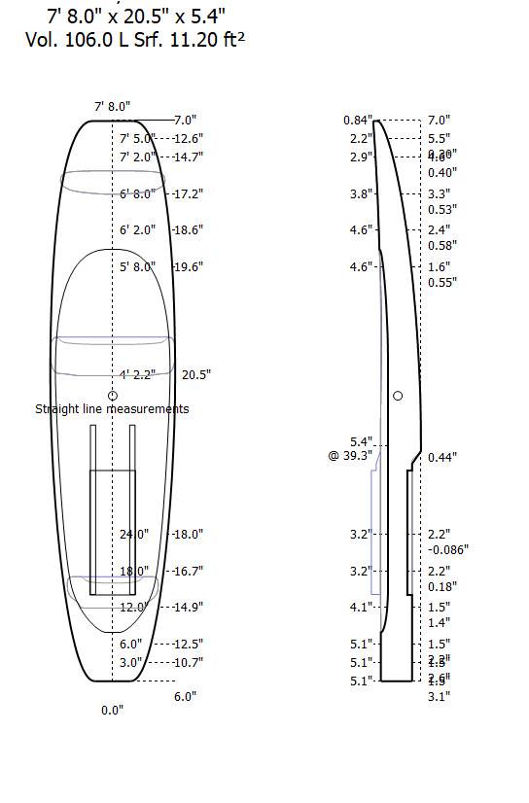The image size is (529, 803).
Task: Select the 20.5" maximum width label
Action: point(196,374)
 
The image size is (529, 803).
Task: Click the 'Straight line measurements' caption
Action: point(112,409)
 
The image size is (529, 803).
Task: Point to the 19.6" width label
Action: point(188,266)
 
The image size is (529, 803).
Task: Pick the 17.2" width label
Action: point(188,193)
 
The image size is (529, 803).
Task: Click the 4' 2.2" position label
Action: point(138,374)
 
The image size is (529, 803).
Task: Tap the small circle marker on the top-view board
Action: point(113,396)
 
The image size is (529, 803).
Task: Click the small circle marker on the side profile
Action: point(398,396)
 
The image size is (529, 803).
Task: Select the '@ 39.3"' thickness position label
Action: point(350,456)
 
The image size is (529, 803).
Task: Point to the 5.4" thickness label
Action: point(362,441)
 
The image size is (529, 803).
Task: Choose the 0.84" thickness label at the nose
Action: point(356,120)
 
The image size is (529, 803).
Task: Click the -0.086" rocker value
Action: point(448,549)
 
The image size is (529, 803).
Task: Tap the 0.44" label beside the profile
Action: point(442,457)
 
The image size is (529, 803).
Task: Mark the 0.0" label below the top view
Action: point(113,711)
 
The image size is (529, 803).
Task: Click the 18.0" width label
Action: point(188,534)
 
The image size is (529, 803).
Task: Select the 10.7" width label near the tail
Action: point(188,662)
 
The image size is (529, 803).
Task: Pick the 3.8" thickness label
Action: point(361,193)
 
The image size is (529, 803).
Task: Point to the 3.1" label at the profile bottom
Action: point(439,696)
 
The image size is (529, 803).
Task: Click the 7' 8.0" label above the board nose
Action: point(112,105)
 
